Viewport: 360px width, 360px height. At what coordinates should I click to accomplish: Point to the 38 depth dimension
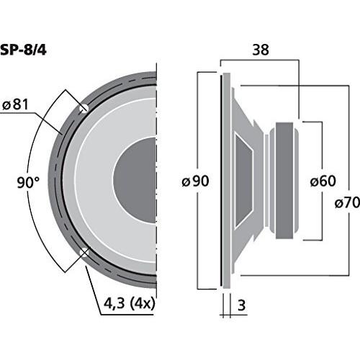pyautogui.click(x=261, y=51)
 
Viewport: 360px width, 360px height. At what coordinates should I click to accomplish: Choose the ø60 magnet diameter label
pyautogui.click(x=321, y=181)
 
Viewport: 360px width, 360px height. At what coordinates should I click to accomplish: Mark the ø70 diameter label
pyautogui.click(x=347, y=204)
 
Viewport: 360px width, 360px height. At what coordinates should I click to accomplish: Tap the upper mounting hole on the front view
pyautogui.click(x=84, y=108)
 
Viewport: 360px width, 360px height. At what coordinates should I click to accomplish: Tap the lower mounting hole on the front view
pyautogui.click(x=86, y=251)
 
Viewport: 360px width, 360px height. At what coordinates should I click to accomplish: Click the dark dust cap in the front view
pyautogui.click(x=137, y=180)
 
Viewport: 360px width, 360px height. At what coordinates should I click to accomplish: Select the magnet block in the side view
pyautogui.click(x=284, y=180)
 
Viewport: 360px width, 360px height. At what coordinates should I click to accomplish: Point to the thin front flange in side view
pyautogui.click(x=221, y=180)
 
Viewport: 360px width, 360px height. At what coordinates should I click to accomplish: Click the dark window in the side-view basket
pyautogui.click(x=244, y=180)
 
